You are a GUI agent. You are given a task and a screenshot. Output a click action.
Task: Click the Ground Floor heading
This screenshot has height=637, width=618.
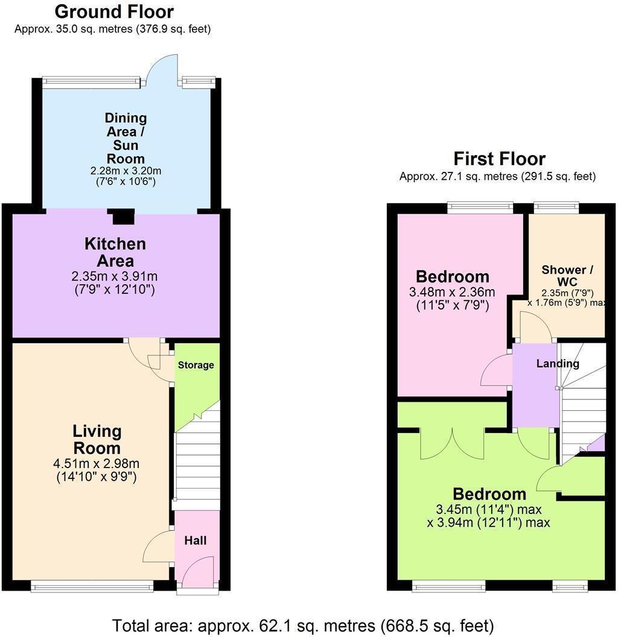click(113, 11)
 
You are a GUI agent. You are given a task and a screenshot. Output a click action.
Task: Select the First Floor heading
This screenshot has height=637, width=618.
click(499, 159)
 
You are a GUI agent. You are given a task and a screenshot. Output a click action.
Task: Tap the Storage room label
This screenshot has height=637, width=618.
click(196, 365)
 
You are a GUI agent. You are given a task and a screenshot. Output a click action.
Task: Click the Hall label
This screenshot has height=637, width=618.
click(196, 540)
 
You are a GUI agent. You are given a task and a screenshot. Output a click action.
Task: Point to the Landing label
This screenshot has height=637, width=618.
click(558, 364)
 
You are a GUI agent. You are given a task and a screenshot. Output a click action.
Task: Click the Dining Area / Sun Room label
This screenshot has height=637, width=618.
click(126, 138)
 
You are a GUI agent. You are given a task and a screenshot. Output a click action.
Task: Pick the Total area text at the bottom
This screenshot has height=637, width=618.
click(303, 624)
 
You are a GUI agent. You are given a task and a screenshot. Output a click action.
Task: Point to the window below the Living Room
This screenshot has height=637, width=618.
click(92, 584)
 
